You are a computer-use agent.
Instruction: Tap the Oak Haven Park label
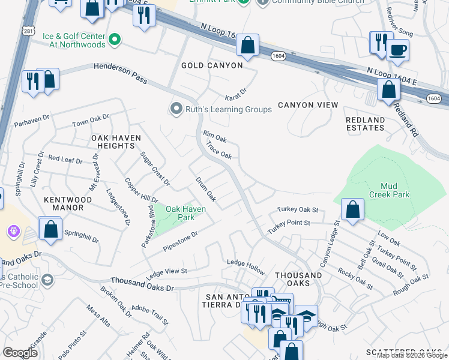pyautogui.click(x=185, y=213)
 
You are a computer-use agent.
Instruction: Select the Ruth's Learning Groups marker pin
pyautogui.click(x=176, y=109)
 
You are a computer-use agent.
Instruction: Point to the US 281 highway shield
pyautogui.click(x=28, y=32)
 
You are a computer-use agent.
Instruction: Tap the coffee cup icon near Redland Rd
pyautogui.click(x=397, y=50)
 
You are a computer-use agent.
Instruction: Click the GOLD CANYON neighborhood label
pyautogui.click(x=212, y=65)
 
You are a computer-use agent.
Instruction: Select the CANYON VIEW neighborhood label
pyautogui.click(x=307, y=105)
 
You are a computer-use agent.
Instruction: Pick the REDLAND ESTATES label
pyautogui.click(x=365, y=124)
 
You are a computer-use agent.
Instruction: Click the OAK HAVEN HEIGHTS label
pyautogui.click(x=116, y=142)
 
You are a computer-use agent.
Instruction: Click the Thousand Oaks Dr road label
pyautogui.click(x=142, y=284)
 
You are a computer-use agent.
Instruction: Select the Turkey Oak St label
pyautogui.click(x=297, y=211)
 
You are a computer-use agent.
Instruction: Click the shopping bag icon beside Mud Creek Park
pyautogui.click(x=352, y=209)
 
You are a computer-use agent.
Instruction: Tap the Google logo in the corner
pyautogui.click(x=20, y=352)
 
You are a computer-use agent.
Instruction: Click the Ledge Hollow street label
pyautogui.click(x=245, y=264)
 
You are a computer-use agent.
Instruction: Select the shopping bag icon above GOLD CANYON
pyautogui.click(x=247, y=44)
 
